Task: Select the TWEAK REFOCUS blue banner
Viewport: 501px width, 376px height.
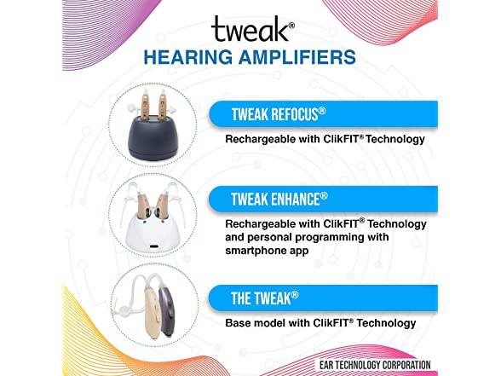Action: pos(324,113)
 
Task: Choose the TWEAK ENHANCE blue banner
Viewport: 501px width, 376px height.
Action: pos(324,199)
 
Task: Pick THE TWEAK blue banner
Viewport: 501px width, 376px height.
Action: pos(324,298)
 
